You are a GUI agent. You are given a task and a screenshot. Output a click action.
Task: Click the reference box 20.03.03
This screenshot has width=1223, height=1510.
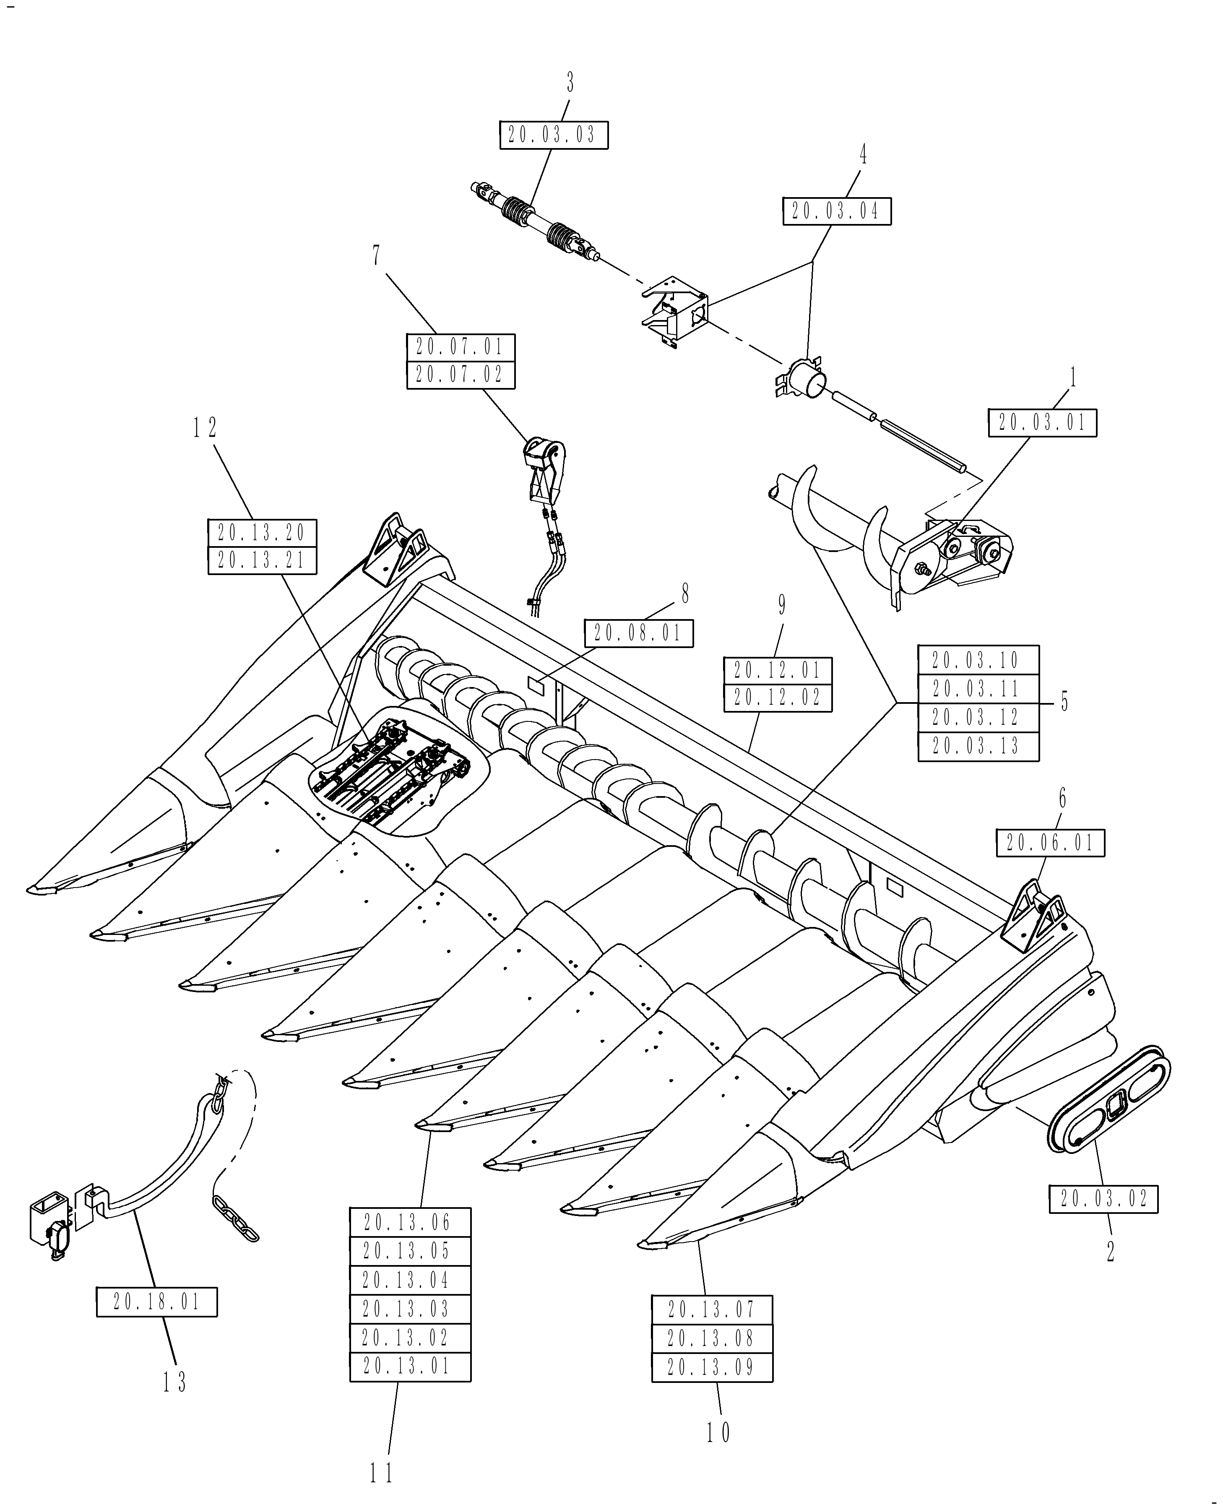(553, 135)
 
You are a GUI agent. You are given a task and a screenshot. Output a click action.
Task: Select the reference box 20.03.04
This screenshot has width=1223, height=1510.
(836, 211)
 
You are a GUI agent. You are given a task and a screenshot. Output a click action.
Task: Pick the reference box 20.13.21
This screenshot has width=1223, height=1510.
(262, 560)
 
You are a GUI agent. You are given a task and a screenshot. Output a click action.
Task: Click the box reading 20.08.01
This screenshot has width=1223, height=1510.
(638, 633)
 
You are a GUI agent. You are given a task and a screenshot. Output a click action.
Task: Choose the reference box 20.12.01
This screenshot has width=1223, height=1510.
(778, 669)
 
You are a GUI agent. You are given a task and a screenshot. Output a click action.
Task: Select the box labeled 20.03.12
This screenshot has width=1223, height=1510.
(978, 717)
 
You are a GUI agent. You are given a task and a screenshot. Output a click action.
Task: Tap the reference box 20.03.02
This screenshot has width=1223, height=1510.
(1103, 1198)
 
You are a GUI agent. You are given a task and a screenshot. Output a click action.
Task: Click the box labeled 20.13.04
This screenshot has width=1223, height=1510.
(410, 1280)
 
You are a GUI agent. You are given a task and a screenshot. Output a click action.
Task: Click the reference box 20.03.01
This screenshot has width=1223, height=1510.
(1042, 423)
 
